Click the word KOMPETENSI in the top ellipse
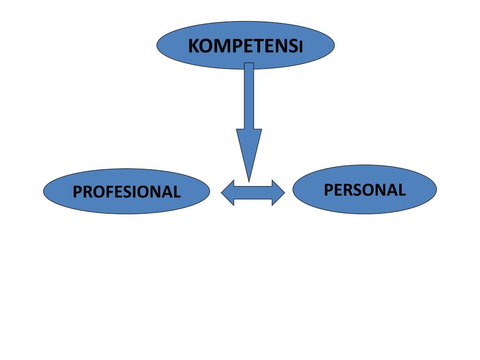click(x=245, y=46)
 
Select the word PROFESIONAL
click(x=127, y=192)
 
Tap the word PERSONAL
click(x=365, y=190)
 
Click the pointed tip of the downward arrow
click(x=248, y=180)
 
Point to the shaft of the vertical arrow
click(x=249, y=96)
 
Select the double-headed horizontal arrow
click(x=253, y=193)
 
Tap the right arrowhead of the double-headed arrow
click(x=278, y=193)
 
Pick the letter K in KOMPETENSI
click(x=193, y=46)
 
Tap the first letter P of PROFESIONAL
click(x=77, y=192)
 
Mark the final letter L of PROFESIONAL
click(x=177, y=192)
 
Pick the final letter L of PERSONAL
click(x=401, y=190)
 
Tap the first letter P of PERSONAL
click(x=329, y=190)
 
